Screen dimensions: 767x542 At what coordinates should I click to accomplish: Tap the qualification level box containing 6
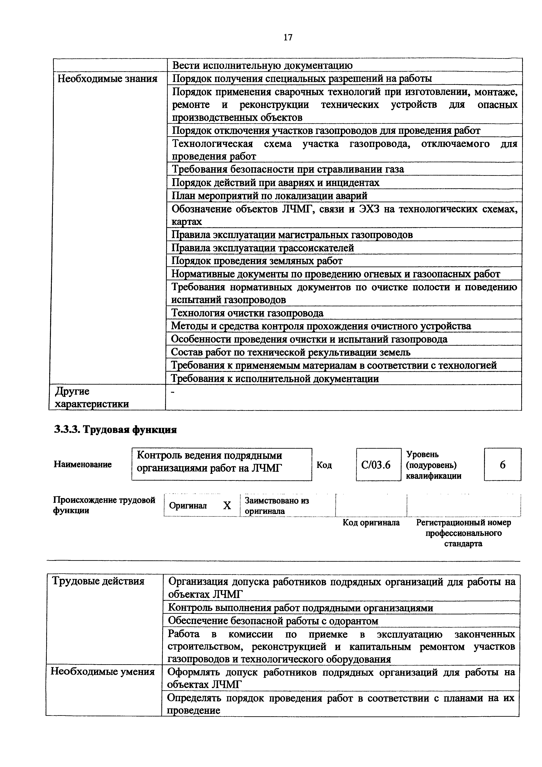(x=502, y=465)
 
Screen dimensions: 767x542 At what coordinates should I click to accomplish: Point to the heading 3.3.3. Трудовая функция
(x=115, y=430)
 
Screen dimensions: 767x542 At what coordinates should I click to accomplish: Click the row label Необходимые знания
(x=108, y=79)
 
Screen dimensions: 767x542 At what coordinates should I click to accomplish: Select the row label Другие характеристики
(x=92, y=397)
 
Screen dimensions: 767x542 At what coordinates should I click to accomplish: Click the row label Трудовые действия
(x=99, y=581)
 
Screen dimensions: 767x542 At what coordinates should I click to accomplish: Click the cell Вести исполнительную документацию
(x=262, y=65)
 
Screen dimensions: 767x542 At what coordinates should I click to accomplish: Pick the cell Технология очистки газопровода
(x=247, y=313)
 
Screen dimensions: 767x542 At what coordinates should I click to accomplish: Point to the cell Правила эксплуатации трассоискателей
(x=263, y=248)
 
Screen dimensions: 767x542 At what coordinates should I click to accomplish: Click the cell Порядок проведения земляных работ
(x=257, y=261)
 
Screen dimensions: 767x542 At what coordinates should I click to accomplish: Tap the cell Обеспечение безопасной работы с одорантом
(x=273, y=621)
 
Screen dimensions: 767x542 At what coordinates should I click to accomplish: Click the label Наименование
(x=82, y=464)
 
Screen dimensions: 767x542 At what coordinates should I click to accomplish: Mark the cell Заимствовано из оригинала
(x=277, y=506)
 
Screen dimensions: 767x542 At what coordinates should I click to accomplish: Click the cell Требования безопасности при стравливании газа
(x=288, y=169)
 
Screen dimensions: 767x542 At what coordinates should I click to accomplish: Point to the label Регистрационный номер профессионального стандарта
(x=463, y=533)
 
